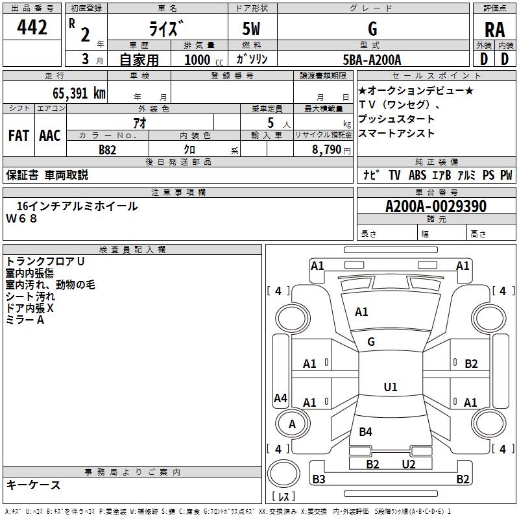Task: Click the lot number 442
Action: [x=33, y=27]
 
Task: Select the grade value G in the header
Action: [x=372, y=29]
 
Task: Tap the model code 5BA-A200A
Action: [x=372, y=60]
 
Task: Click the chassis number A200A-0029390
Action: [x=435, y=206]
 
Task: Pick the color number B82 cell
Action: [x=107, y=149]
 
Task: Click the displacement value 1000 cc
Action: [x=203, y=60]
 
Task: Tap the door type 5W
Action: [x=252, y=30]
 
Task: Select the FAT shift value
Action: [x=19, y=136]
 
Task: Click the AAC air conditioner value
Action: [x=50, y=136]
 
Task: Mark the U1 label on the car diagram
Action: [x=390, y=387]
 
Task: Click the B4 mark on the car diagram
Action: [x=365, y=431]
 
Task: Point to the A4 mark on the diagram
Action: [x=280, y=398]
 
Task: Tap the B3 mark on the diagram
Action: [x=319, y=479]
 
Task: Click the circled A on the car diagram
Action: [x=292, y=424]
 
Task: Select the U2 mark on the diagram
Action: [x=408, y=464]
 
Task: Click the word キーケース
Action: [x=34, y=485]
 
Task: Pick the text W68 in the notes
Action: [x=22, y=219]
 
